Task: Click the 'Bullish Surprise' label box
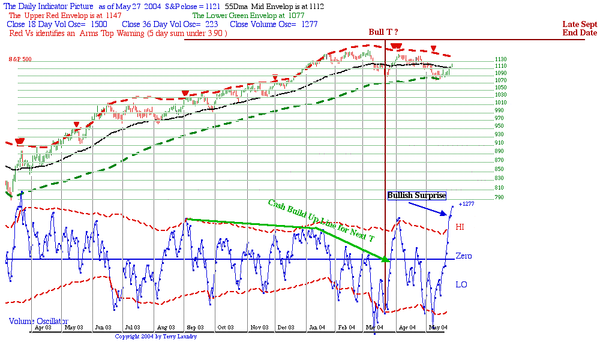coord(417,196)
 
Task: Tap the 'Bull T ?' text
coord(383,32)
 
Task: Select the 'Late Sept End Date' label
coord(580,29)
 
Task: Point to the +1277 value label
coord(466,205)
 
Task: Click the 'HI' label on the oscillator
coord(460,227)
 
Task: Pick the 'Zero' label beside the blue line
coord(463,256)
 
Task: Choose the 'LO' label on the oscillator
coord(461,284)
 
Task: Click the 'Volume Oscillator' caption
coord(38,322)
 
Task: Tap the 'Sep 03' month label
coord(195,328)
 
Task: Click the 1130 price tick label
coord(501,59)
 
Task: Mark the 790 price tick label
coord(499,197)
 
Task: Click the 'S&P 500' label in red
coord(20,59)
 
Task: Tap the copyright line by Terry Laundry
coord(155,337)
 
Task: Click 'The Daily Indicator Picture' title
coord(48,6)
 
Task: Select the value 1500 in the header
coord(98,25)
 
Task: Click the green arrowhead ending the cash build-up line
coord(385,259)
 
